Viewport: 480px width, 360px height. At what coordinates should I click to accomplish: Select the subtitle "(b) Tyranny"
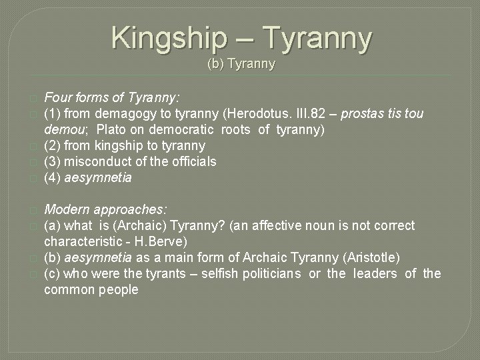point(241,65)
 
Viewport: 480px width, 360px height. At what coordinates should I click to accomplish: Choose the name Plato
point(127,129)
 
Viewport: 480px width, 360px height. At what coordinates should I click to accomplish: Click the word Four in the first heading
point(58,97)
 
